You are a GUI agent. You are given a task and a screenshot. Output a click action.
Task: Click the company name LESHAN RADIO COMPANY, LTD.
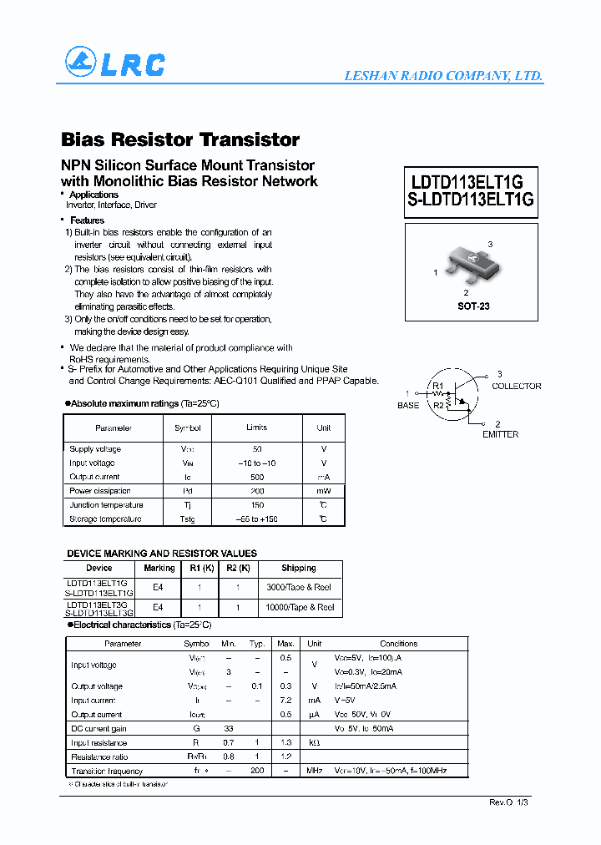click(x=443, y=76)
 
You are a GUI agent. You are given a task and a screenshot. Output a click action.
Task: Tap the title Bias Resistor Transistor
click(x=180, y=139)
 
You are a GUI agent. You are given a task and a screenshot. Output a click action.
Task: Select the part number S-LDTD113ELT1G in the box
click(x=471, y=200)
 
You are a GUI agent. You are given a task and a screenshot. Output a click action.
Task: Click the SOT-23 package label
click(x=473, y=306)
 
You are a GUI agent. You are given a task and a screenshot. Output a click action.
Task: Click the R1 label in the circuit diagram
click(x=438, y=386)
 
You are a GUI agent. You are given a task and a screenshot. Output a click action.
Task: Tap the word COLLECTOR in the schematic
click(x=516, y=386)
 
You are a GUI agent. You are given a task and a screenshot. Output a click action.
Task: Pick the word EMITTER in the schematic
click(x=500, y=434)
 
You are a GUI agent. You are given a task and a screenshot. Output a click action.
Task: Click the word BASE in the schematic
click(x=408, y=405)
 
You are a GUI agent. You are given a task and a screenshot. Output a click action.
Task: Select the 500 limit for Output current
click(x=257, y=477)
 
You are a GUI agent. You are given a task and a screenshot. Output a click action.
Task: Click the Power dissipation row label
click(x=100, y=491)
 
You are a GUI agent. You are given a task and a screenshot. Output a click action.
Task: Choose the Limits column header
click(x=257, y=428)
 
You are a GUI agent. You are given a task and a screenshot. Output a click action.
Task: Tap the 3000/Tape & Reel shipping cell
click(x=299, y=587)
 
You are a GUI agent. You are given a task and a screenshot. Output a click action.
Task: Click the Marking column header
click(x=159, y=568)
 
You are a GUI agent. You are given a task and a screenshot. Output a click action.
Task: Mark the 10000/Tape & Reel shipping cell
click(x=299, y=607)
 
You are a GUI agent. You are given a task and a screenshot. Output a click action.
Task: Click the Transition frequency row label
click(x=107, y=771)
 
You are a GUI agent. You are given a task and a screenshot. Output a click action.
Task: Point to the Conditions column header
click(x=398, y=644)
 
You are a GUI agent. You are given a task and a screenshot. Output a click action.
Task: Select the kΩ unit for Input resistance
click(x=314, y=743)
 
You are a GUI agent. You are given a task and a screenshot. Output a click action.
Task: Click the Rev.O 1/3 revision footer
click(x=508, y=802)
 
